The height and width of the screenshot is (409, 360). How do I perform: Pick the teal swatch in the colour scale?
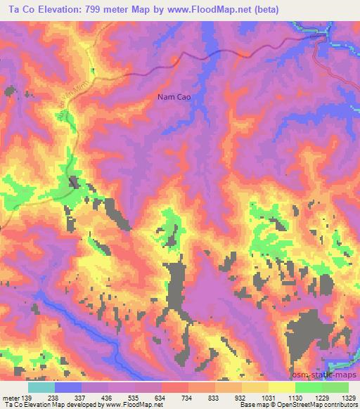click(x=41, y=387)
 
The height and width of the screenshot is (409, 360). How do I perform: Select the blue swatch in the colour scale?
click(x=68, y=387)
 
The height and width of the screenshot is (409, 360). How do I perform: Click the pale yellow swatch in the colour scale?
click(x=282, y=387)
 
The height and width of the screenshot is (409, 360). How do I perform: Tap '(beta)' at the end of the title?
click(x=266, y=10)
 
